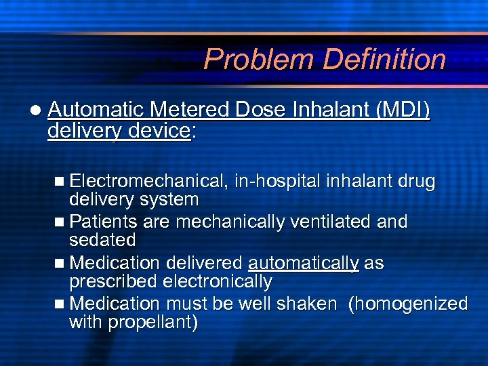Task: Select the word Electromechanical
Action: [x=148, y=182]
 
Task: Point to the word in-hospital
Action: [x=278, y=182]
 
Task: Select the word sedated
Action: [x=103, y=240]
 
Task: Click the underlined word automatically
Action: [x=304, y=263]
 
